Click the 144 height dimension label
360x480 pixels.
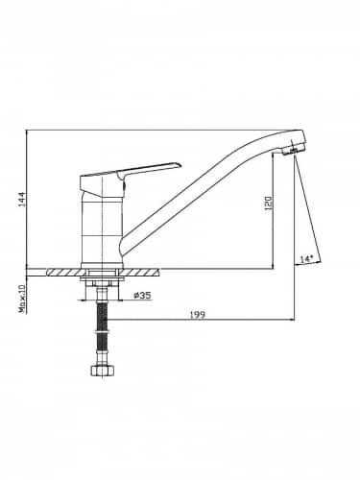(x=21, y=199)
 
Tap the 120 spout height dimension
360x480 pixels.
(x=268, y=203)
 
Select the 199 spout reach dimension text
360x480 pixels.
(x=198, y=315)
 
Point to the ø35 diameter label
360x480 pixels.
(x=142, y=296)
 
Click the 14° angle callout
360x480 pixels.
(x=305, y=259)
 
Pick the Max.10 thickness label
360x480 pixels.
(x=22, y=299)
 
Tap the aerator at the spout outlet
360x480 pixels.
(x=293, y=151)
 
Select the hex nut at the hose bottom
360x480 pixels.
(x=103, y=371)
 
